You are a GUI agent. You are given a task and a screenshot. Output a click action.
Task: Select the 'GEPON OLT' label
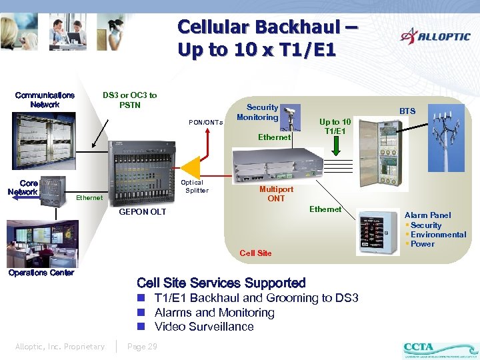[x=142, y=212]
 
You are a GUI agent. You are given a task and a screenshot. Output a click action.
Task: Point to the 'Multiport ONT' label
[x=276, y=193]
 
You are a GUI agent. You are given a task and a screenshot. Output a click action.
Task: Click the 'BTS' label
[x=407, y=111]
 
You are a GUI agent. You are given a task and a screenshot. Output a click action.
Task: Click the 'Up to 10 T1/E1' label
[x=335, y=126]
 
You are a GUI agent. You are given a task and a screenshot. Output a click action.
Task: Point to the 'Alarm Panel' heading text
[x=427, y=215]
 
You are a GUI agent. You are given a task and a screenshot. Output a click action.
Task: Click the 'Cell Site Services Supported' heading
[x=221, y=283]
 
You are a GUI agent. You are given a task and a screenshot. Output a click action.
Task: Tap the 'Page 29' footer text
[x=142, y=346]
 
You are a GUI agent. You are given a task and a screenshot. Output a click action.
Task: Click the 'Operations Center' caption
[x=41, y=273]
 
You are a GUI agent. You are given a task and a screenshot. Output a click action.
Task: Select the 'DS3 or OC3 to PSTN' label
[x=130, y=100]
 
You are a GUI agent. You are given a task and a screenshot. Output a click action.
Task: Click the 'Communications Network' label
[x=45, y=100]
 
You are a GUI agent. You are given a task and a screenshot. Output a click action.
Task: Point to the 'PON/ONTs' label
[x=206, y=122]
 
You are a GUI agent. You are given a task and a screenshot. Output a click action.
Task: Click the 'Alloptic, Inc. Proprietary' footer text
[x=60, y=346]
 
